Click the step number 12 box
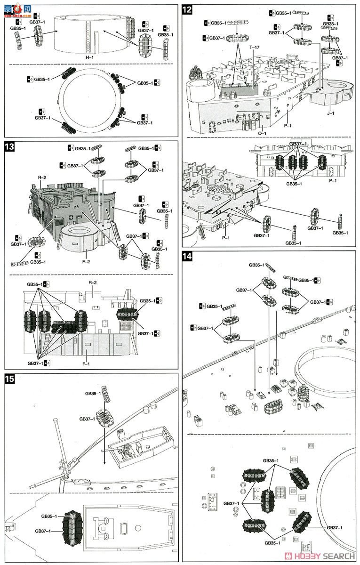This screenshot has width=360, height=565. (x=187, y=10)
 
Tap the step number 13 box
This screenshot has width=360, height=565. (x=9, y=146)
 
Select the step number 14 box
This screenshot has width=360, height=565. (x=187, y=257)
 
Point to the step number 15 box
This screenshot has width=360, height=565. (x=9, y=379)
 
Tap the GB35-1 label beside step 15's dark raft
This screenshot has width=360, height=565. (x=49, y=516)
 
